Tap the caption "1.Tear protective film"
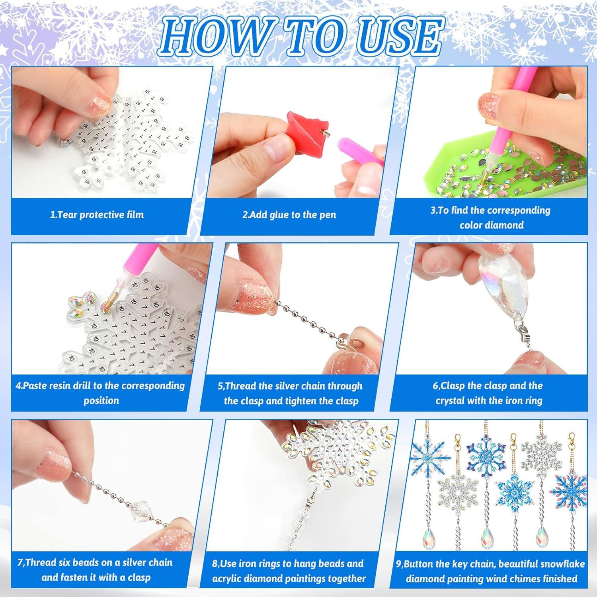97,215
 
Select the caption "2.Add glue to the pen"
289,215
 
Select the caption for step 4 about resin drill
100,393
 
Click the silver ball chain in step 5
302,318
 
